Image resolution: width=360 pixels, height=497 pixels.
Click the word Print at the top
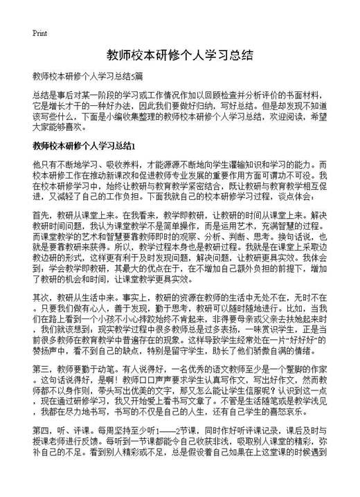[40, 33]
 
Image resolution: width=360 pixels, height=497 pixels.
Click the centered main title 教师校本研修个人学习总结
[179, 55]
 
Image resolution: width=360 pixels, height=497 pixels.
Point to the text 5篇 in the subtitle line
[135, 75]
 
